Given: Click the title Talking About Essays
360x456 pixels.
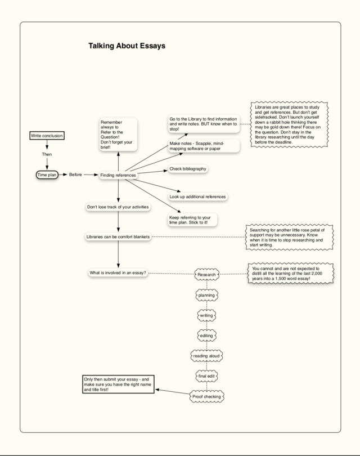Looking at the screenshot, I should (x=127, y=46).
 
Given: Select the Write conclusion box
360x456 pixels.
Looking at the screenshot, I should (x=47, y=136).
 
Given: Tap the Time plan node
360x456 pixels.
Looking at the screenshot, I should (x=47, y=175).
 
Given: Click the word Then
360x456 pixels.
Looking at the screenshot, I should (x=47, y=154).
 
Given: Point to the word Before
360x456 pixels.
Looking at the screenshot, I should (x=75, y=175).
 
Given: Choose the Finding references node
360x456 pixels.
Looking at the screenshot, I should (x=118, y=176).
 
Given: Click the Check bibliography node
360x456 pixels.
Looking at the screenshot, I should (x=188, y=169).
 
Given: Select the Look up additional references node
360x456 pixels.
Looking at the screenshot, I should (x=197, y=196).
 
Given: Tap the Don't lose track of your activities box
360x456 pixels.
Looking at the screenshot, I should (x=118, y=207).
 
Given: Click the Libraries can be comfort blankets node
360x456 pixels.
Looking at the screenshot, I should (x=118, y=236).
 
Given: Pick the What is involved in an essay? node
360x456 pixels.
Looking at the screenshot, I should (x=118, y=273).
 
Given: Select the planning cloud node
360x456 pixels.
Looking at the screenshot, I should (x=206, y=295).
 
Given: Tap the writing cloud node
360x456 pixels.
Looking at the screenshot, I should (x=206, y=315).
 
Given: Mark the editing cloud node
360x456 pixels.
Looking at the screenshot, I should (x=206, y=336).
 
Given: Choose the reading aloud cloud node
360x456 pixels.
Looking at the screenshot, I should (x=206, y=356).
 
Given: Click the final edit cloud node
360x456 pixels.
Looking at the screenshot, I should (x=206, y=375).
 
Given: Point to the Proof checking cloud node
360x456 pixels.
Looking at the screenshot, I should (x=206, y=397).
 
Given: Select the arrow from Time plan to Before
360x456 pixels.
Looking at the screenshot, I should (x=62, y=175).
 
